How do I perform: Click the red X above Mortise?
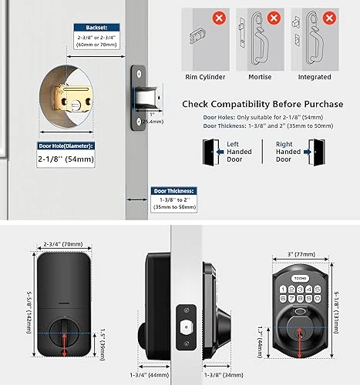pos(262,15)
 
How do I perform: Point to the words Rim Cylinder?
pos(207,77)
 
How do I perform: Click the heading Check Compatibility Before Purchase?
pos(263,104)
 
